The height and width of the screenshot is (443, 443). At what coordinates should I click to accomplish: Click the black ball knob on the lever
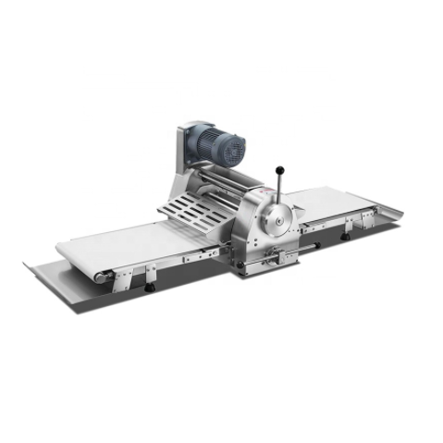tap(279, 169)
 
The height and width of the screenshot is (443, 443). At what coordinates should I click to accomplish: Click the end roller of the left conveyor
tap(101, 276)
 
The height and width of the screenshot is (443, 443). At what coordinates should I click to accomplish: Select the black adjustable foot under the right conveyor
tap(345, 237)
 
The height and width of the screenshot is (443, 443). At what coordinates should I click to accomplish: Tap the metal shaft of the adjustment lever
tap(278, 185)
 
